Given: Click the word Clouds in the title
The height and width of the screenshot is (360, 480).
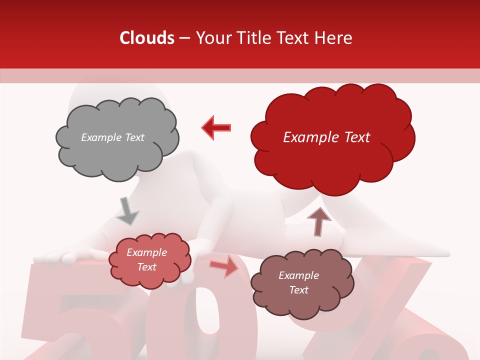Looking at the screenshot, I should pyautogui.click(x=146, y=38).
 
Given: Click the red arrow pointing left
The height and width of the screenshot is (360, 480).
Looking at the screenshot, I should pyautogui.click(x=216, y=127).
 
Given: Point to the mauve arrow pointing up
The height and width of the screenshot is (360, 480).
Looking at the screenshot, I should pyautogui.click(x=318, y=221).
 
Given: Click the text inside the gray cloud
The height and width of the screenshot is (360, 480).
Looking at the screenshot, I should pyautogui.click(x=112, y=137).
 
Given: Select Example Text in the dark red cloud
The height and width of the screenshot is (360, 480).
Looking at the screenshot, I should pyautogui.click(x=326, y=137).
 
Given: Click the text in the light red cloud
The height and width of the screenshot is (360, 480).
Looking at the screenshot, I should pyautogui.click(x=147, y=260).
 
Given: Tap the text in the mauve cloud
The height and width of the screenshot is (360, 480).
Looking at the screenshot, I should pyautogui.click(x=298, y=282).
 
